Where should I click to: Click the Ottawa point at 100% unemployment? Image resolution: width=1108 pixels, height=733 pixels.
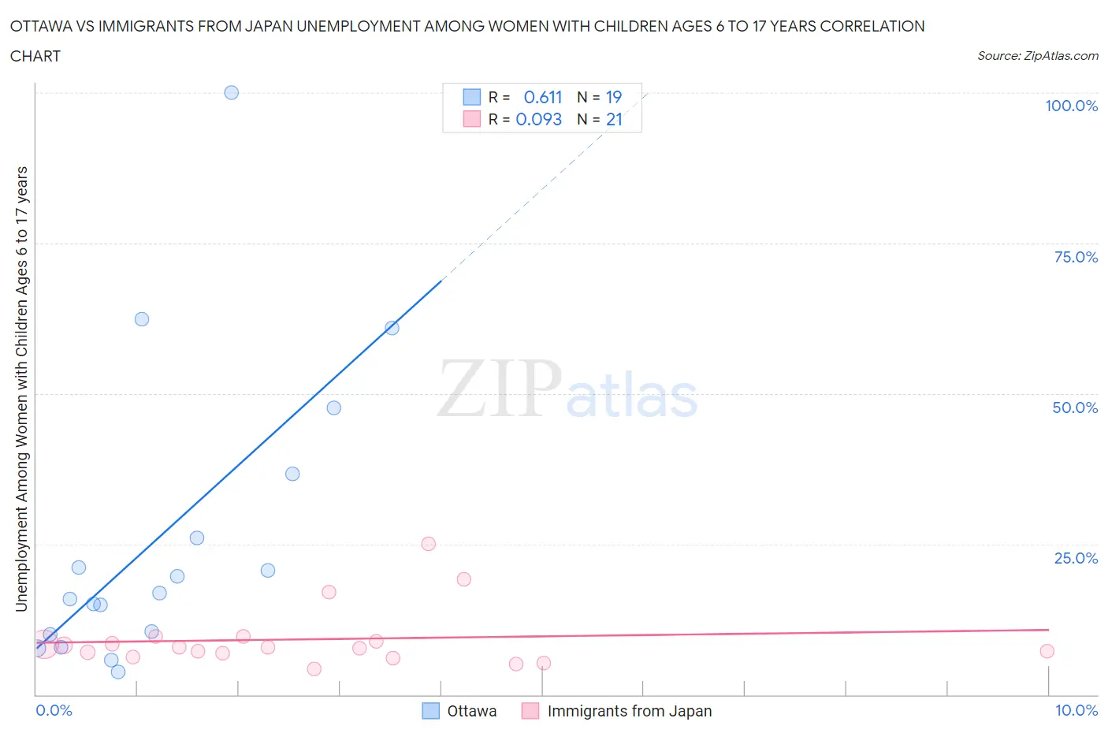(x=231, y=92)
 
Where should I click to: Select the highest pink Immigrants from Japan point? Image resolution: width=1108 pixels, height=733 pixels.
(x=428, y=544)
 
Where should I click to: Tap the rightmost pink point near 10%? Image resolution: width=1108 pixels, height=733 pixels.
(x=1047, y=651)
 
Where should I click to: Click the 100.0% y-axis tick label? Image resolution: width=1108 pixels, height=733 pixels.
(x=1071, y=106)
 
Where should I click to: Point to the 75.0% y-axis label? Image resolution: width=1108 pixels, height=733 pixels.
(x=1076, y=257)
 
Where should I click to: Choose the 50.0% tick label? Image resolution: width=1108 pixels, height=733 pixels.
(x=1075, y=407)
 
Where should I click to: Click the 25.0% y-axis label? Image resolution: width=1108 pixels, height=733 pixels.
(x=1076, y=558)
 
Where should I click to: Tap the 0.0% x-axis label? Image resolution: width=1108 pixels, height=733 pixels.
(x=54, y=710)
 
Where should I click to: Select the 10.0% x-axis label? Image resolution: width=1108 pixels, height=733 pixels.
(x=1076, y=710)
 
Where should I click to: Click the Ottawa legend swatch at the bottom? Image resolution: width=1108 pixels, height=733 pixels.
(x=430, y=711)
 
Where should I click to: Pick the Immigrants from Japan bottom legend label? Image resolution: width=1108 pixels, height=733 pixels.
(x=629, y=711)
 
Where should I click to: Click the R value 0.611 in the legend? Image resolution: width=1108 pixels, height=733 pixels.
(x=543, y=97)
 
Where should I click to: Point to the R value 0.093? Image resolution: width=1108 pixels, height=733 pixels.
(x=538, y=119)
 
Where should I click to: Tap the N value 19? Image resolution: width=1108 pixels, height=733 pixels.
(x=614, y=97)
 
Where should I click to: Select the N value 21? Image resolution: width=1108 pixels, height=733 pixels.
(x=614, y=119)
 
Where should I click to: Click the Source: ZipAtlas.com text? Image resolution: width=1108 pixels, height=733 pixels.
(x=1037, y=55)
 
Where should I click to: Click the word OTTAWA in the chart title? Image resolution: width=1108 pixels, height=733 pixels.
(x=40, y=26)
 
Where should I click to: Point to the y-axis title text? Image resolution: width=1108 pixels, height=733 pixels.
(x=21, y=389)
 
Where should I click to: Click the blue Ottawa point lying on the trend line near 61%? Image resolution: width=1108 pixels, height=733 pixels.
(x=392, y=328)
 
